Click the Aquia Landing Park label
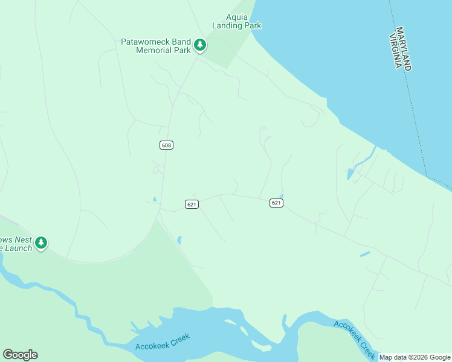click(x=236, y=21)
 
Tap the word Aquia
click(x=236, y=17)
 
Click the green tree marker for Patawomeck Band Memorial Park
click(x=200, y=45)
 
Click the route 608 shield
click(x=167, y=145)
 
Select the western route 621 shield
click(x=192, y=205)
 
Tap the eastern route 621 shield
click(x=276, y=203)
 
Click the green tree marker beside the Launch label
click(x=41, y=243)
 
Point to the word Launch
click(x=19, y=248)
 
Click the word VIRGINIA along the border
click(x=396, y=52)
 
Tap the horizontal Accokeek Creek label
click(x=163, y=343)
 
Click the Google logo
click(x=20, y=355)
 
